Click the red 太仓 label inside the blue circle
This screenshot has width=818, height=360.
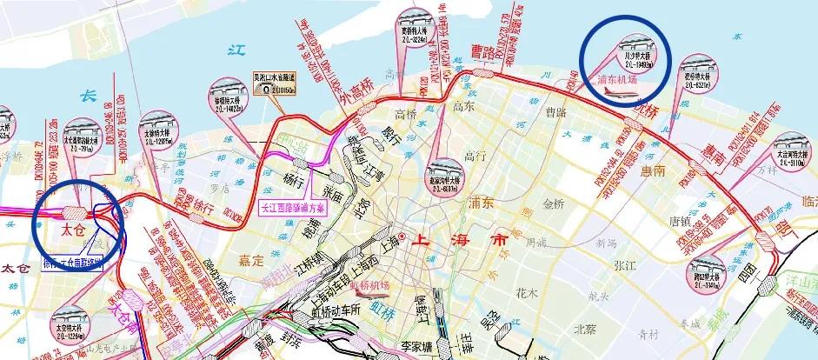point(72,232)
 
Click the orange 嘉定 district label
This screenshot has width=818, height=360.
point(252,259)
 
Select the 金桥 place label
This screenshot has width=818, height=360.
point(554,204)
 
